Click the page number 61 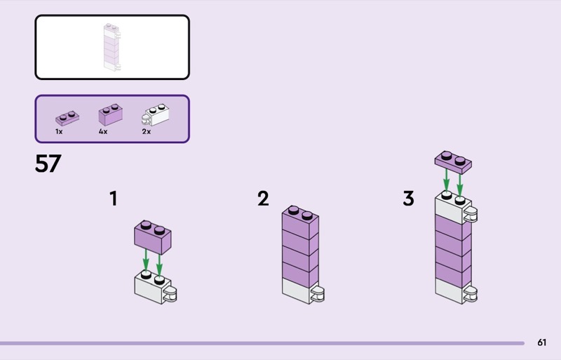tap(541, 342)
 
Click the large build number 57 tap(48, 164)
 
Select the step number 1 tap(114, 199)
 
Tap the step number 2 tap(263, 199)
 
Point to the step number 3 tap(409, 199)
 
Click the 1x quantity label tap(59, 132)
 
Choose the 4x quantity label tap(103, 132)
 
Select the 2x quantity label tap(147, 132)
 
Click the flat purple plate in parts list tap(67, 118)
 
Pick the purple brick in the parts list tap(111, 114)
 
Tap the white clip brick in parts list tap(156, 114)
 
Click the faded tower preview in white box tap(111, 47)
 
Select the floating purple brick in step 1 tap(153, 237)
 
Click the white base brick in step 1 tap(153, 288)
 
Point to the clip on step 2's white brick tap(318, 294)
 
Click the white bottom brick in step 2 tap(300, 291)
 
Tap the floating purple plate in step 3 tap(453, 162)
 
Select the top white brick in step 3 tap(453, 208)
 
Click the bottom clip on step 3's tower tap(470, 294)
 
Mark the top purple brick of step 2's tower tap(300, 222)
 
